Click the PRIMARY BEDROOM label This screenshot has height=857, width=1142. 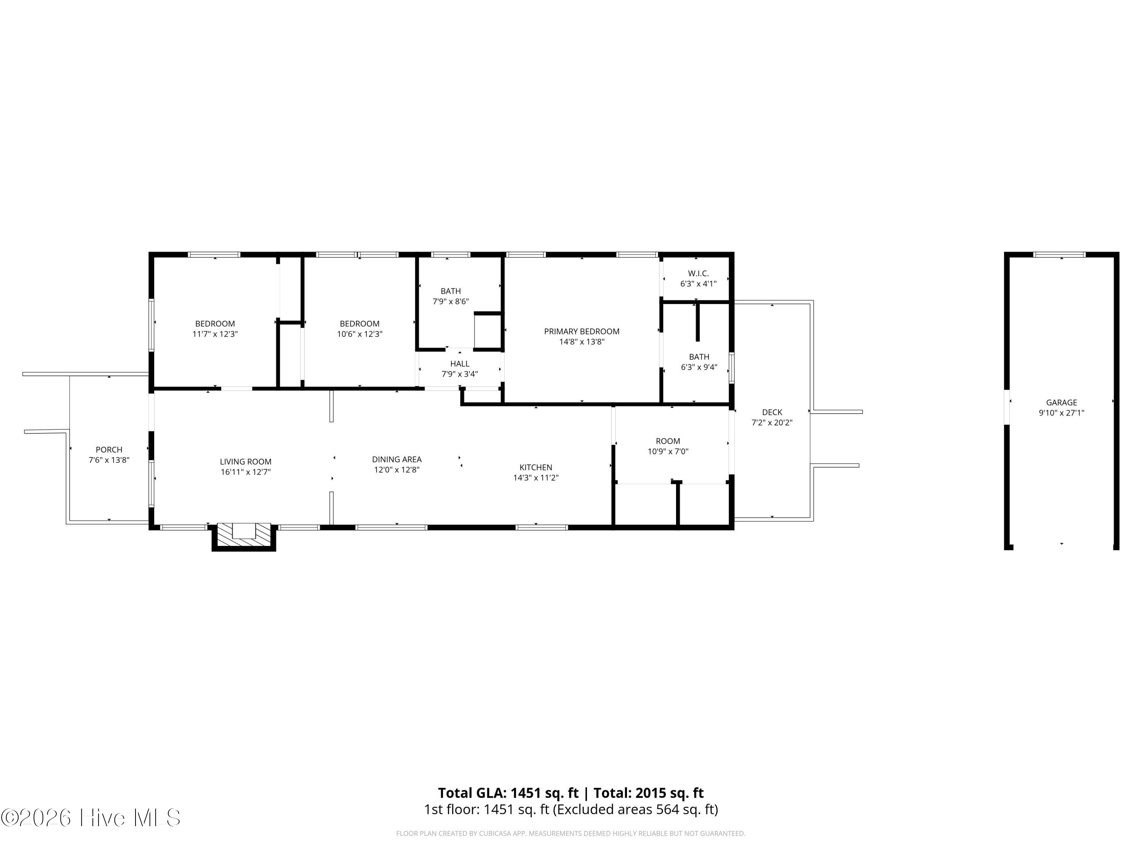click(581, 331)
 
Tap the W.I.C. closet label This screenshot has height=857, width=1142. click(698, 273)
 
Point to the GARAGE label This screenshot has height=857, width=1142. click(1061, 403)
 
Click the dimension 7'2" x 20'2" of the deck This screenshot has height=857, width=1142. click(772, 422)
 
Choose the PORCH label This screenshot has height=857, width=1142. click(109, 449)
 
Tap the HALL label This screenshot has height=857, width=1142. click(459, 364)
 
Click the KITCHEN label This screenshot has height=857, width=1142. click(536, 467)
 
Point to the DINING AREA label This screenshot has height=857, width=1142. click(397, 459)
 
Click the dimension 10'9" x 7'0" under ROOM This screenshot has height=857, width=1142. click(668, 451)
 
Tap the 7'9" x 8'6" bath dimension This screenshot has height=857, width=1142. click(451, 301)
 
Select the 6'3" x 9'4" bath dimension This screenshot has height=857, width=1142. click(699, 367)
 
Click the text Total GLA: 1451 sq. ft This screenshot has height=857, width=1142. click(509, 793)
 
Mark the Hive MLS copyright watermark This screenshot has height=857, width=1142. click(91, 818)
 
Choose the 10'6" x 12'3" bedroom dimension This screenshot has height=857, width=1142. click(359, 334)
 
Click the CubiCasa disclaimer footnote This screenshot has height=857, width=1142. click(571, 833)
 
